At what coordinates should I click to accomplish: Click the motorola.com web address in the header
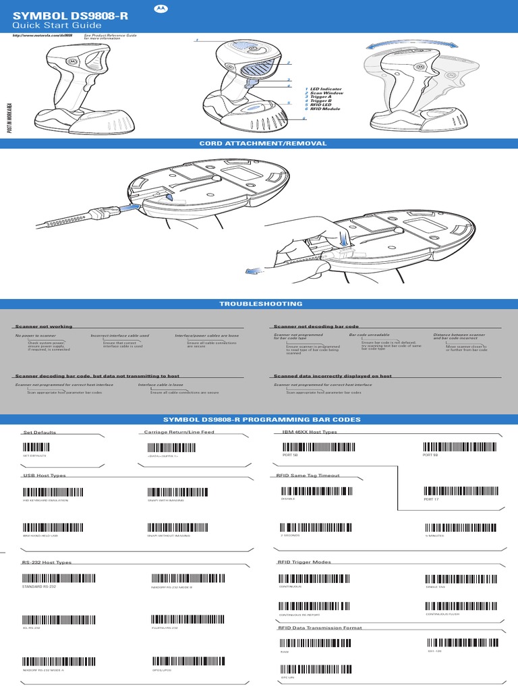tap(43, 36)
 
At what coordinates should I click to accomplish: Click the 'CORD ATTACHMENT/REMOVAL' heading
tap(263, 143)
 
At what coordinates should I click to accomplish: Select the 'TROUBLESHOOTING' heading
tap(260, 304)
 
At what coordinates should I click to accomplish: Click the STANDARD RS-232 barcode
tap(51, 578)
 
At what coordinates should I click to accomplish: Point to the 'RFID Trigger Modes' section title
tap(304, 562)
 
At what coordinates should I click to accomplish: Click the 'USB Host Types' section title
tap(45, 476)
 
